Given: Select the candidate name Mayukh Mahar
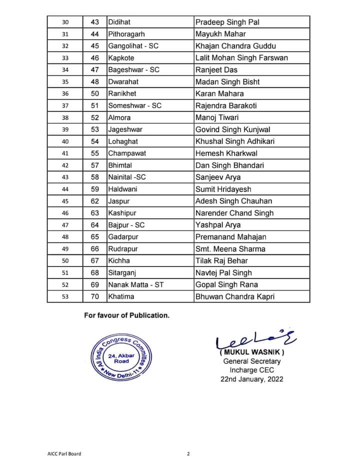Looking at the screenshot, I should point(220,34).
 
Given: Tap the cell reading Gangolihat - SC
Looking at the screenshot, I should point(133,46).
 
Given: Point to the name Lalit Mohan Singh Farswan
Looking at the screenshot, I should point(241,58).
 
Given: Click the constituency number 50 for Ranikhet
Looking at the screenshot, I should point(95,93).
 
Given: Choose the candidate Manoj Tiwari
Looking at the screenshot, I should point(217,117).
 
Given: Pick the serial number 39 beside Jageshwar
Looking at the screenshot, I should point(65,129).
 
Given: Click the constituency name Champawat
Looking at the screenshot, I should point(127,153).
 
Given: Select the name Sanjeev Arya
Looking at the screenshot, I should point(218,177).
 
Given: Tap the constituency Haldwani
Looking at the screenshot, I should point(123,189).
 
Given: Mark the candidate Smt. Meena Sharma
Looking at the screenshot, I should point(230,249).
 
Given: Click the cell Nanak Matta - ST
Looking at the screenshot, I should point(136,284).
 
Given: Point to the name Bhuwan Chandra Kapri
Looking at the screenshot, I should point(235,296).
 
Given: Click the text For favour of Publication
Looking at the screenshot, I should point(127,315).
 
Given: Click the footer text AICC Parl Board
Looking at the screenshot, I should point(61,454).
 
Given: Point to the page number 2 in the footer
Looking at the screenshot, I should point(188,454).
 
